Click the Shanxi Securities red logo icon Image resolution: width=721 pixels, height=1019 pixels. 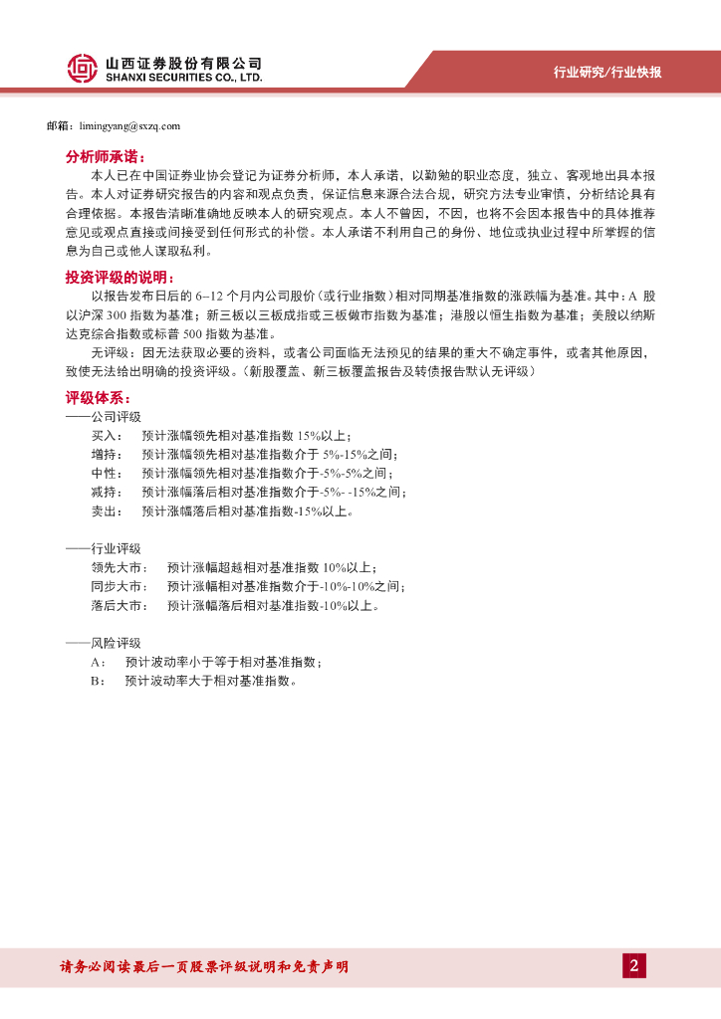point(82,68)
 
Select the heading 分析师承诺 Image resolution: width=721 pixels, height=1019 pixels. point(105,157)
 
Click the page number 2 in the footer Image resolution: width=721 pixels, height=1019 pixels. point(633,965)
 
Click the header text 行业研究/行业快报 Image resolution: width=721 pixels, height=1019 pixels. point(606,73)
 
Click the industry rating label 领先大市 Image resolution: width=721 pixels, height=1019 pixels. point(118,568)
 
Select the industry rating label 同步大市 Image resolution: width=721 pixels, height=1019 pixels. point(118,587)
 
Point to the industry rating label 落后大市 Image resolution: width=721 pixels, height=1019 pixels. point(118,606)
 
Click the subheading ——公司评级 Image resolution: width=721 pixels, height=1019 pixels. point(103,417)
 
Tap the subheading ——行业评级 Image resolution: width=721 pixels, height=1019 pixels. point(103,549)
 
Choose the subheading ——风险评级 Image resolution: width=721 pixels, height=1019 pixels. point(103,643)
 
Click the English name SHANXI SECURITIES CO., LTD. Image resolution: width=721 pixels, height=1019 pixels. point(183,77)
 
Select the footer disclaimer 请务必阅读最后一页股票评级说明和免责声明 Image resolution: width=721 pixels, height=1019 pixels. point(204,967)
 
